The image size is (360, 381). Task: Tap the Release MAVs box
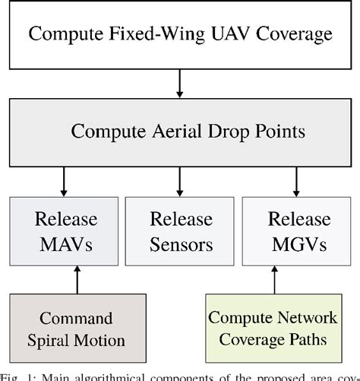click(x=65, y=233)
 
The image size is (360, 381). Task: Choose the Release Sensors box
click(x=180, y=233)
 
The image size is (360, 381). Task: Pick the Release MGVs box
click(x=295, y=233)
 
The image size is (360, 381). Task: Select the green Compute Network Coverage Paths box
click(x=283, y=328)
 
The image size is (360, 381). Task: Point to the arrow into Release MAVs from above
click(x=66, y=182)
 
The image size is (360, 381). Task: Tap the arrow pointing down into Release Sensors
click(x=180, y=182)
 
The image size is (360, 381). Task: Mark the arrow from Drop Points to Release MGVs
click(x=295, y=182)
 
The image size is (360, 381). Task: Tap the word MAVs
click(x=65, y=245)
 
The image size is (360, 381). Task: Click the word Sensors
click(x=180, y=245)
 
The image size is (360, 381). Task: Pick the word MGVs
click(x=295, y=245)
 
